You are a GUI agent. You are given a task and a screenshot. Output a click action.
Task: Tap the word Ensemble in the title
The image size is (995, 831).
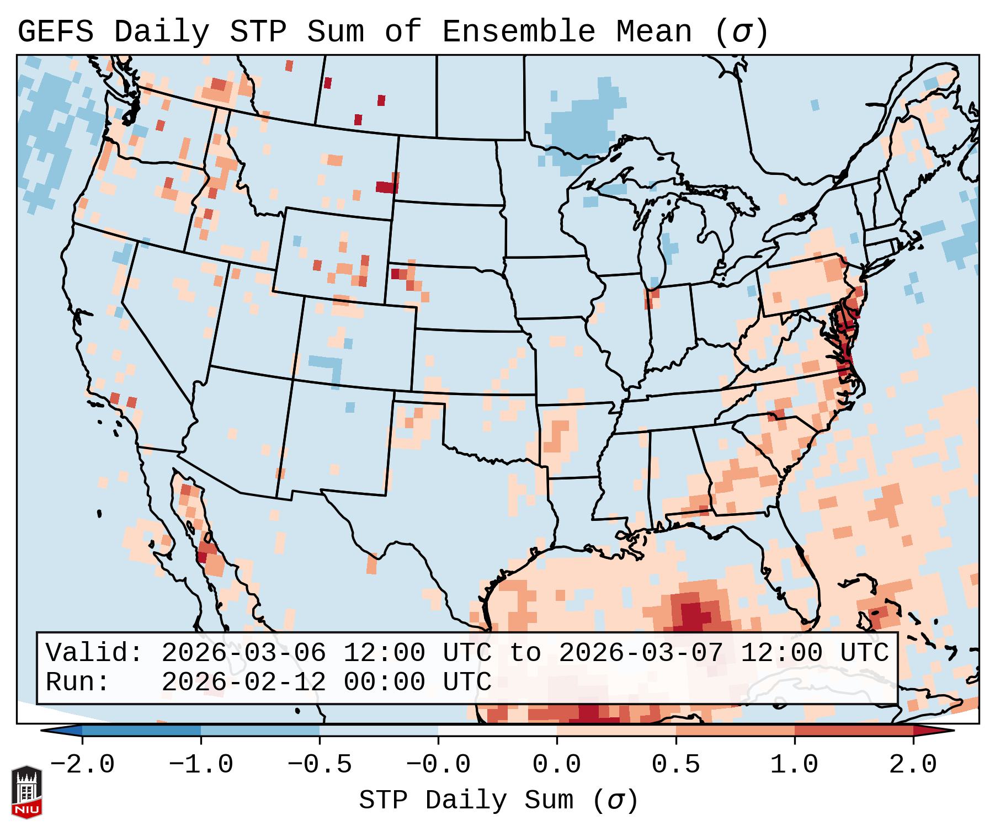518,32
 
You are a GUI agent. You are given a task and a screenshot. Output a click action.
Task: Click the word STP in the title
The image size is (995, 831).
258,32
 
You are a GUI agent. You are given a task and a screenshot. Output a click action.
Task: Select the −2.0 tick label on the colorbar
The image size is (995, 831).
82,765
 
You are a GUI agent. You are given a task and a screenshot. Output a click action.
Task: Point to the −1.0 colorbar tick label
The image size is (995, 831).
201,765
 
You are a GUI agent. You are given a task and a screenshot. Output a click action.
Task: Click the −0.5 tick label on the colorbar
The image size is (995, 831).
320,765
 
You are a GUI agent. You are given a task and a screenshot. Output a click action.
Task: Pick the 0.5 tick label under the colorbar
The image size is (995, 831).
676,765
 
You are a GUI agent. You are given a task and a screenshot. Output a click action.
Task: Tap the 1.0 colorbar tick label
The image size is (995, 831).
795,765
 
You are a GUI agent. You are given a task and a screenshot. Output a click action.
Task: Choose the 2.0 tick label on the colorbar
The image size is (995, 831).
913,765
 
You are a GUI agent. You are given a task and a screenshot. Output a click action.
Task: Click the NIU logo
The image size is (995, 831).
26,792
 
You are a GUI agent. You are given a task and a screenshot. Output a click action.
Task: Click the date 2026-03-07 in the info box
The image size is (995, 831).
641,653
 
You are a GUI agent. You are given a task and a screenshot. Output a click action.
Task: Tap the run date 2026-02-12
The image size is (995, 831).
243,682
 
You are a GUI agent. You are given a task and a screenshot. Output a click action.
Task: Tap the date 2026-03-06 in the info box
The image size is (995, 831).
243,653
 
